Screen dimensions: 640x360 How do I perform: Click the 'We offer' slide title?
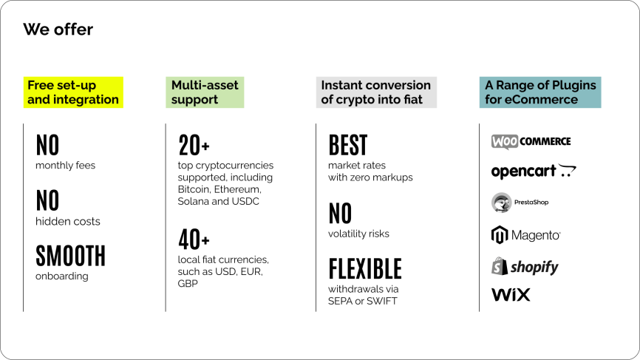pos(58,30)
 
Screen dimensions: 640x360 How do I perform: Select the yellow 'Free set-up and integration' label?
pos(73,92)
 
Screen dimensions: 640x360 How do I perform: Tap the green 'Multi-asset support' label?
pos(205,92)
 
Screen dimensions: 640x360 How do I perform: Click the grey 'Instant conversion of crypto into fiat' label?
pos(376,92)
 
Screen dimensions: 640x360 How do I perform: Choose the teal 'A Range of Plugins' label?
pos(540,92)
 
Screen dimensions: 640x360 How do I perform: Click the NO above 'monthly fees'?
pos(47,146)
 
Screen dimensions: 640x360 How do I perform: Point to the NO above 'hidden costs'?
pos(47,200)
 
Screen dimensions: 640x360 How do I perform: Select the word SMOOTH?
pos(71,256)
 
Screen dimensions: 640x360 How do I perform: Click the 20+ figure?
pos(194,146)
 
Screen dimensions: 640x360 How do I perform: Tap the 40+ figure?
pos(194,240)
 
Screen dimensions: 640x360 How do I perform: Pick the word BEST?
pos(348,146)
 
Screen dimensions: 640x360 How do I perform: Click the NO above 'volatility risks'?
pos(341,214)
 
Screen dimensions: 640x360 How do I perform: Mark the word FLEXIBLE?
pos(365,269)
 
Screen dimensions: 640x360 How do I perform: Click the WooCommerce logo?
pos(531,142)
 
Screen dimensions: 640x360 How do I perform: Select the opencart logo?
pos(534,171)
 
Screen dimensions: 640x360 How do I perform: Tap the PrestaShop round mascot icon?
pos(501,203)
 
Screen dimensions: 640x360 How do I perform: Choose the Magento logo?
pos(525,234)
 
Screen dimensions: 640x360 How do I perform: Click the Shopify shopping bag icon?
pos(499,266)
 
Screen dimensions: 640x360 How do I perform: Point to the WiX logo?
pos(511,295)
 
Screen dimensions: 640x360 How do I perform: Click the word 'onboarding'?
pos(61,276)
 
